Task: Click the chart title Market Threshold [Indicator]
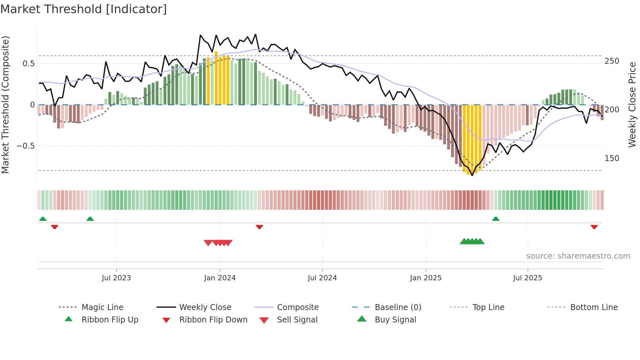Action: (x=84, y=9)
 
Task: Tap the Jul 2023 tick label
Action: (x=116, y=278)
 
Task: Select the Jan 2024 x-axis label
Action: (x=220, y=278)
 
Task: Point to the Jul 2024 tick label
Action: (x=322, y=278)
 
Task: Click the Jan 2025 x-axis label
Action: (x=426, y=278)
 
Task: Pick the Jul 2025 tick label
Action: (x=528, y=278)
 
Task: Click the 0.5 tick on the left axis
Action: (x=29, y=64)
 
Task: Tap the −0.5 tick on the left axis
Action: (x=26, y=146)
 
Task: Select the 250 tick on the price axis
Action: (x=612, y=61)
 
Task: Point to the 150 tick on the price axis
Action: (x=612, y=158)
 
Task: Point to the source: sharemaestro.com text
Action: (x=578, y=256)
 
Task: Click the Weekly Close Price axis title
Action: (x=632, y=105)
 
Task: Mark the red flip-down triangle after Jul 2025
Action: (x=594, y=227)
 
